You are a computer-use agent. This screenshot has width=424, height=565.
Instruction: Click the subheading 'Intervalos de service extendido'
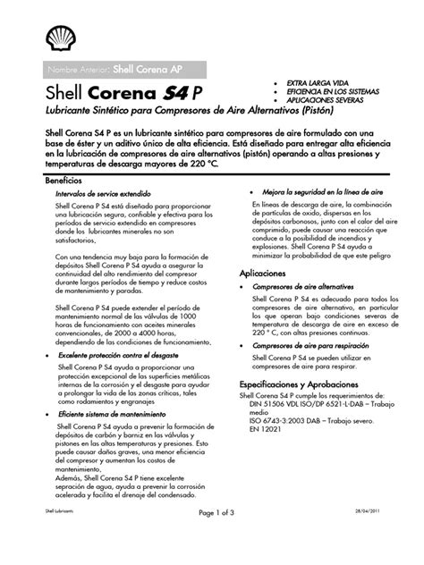pyautogui.click(x=102, y=192)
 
